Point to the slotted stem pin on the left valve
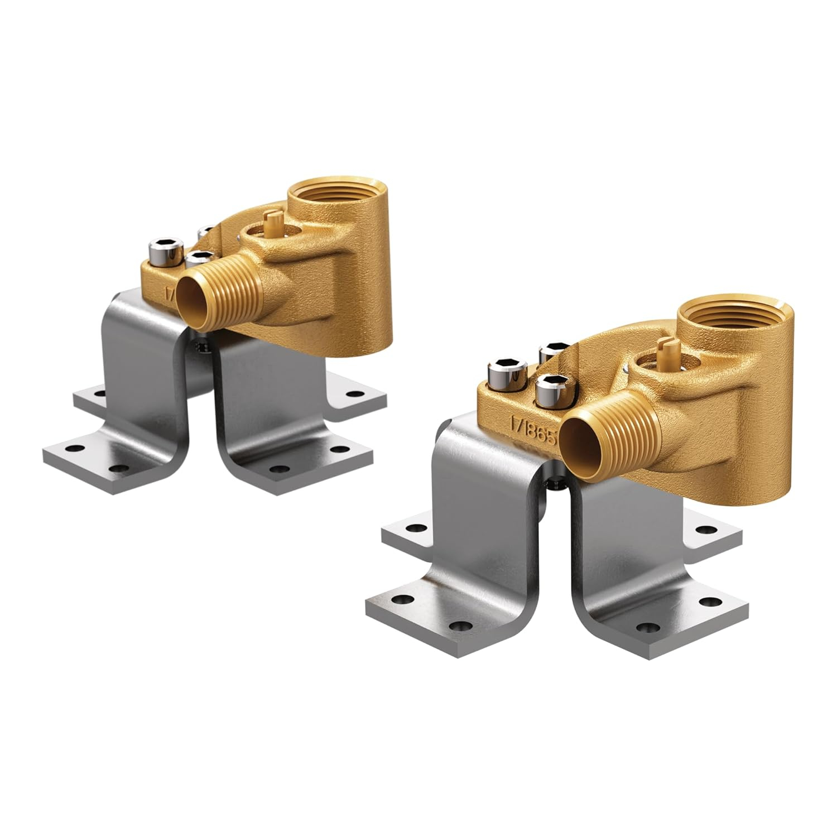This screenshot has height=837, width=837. click(272, 224)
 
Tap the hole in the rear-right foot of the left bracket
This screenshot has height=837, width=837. click(351, 394)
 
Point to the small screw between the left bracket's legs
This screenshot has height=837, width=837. click(201, 348)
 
